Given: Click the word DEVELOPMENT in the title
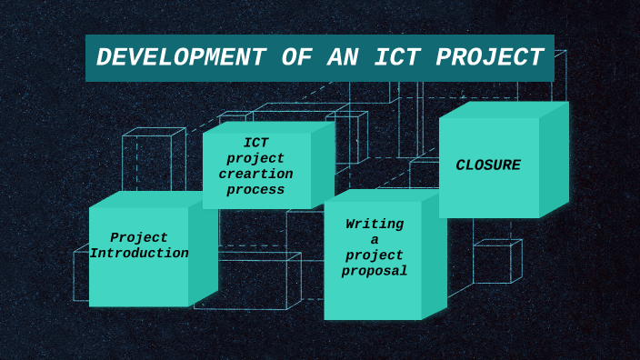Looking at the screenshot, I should coord(181,58).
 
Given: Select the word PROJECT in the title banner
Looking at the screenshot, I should coord(490,58).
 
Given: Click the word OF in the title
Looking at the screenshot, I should coord(296,58).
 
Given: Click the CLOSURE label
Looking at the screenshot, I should coord(488,165).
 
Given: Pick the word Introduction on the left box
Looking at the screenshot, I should coord(139,254).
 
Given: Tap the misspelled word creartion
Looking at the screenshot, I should coord(255,175).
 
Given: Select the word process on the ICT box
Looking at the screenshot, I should coord(255,190).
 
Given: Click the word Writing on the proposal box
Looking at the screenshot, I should coord(375,225).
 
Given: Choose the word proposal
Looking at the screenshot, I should coord(375,271).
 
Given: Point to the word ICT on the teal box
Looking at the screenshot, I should coord(255,143).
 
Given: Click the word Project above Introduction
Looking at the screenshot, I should coord(139,238).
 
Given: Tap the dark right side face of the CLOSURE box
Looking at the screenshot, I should coord(554,160).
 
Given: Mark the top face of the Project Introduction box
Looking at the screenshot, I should coord(145,199).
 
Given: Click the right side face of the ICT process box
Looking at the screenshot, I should coord(323,165).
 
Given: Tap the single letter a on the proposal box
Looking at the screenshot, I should coord(375,240).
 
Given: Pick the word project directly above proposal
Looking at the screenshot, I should coord(375,255).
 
